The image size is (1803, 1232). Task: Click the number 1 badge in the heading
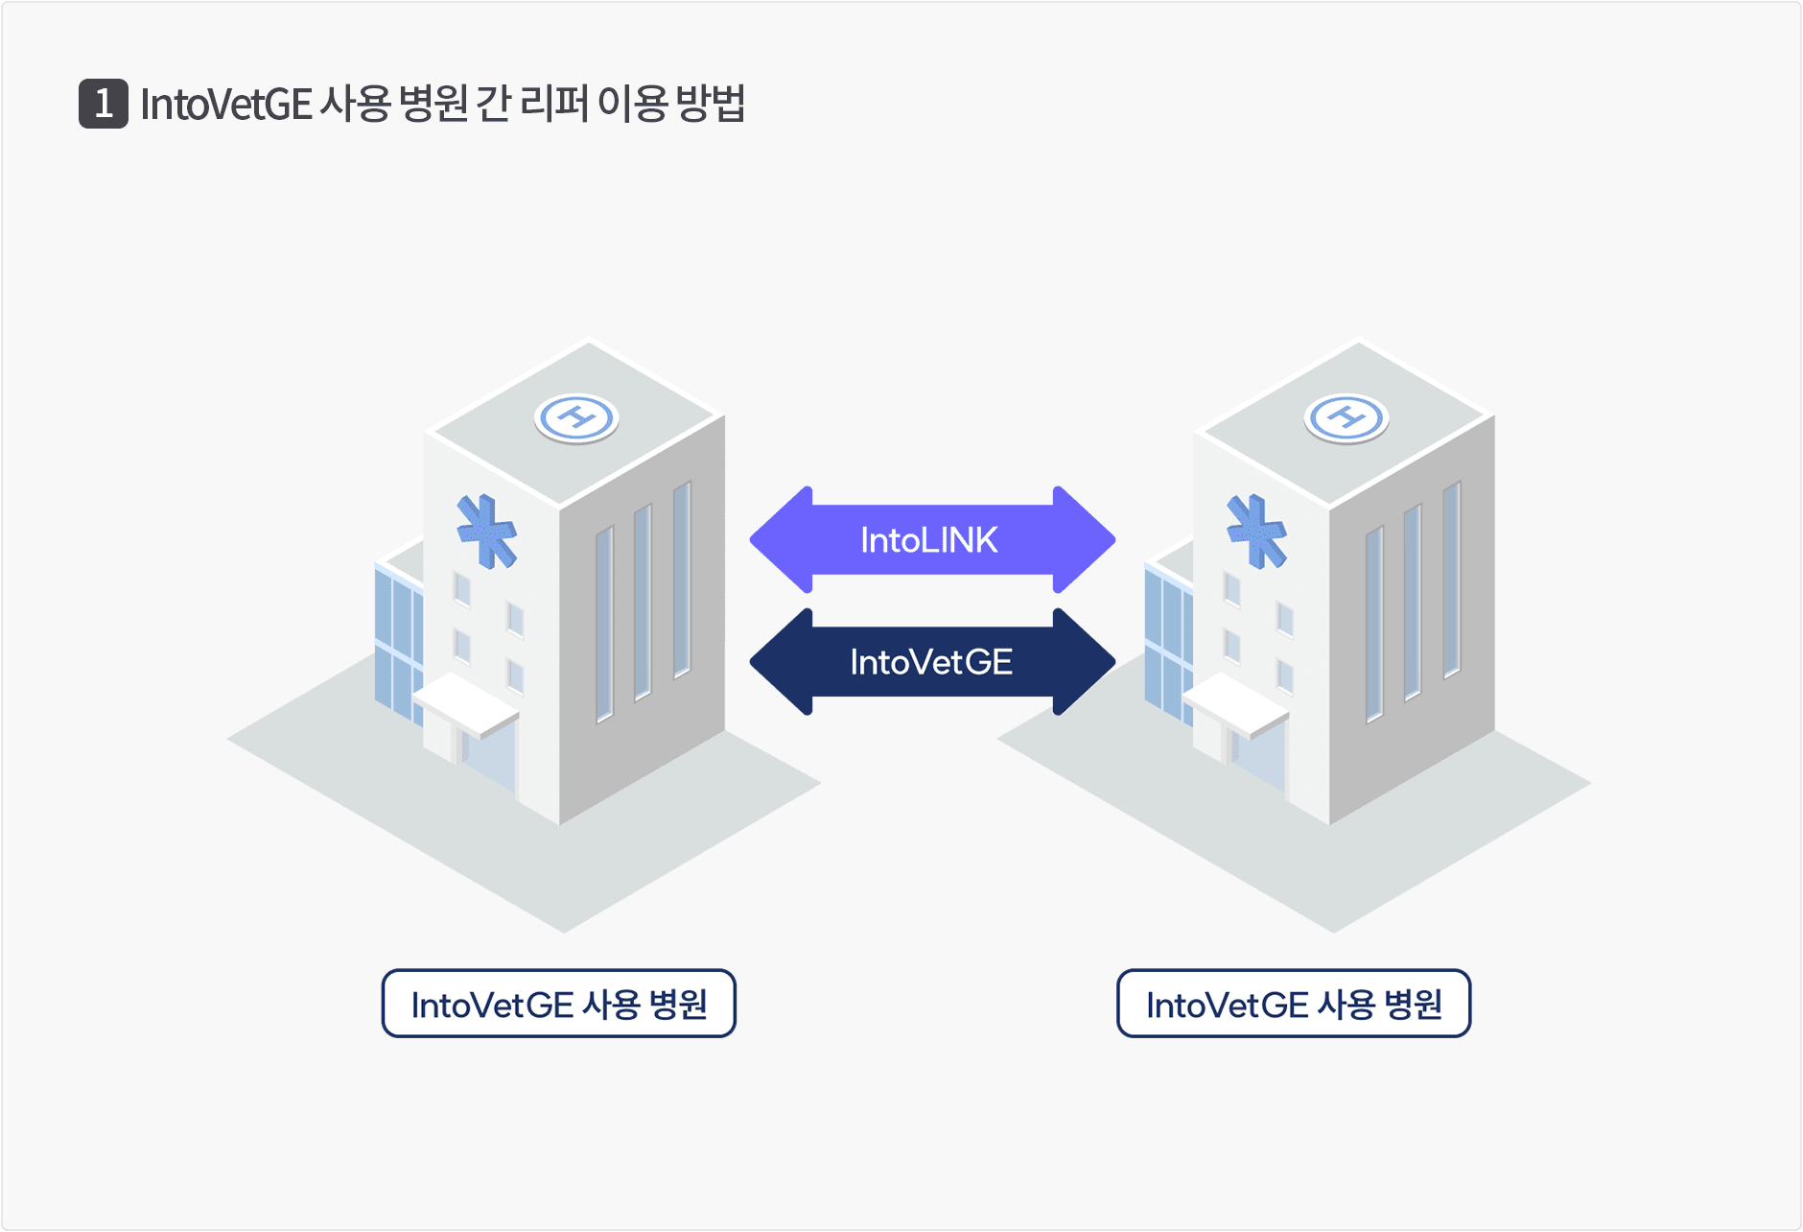(x=104, y=104)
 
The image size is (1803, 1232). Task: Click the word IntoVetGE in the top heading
(x=226, y=104)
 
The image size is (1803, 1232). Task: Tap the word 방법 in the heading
(x=711, y=104)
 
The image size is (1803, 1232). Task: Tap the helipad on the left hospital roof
(x=576, y=418)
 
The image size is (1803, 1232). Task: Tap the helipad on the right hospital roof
(x=1346, y=418)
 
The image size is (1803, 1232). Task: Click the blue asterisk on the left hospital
(x=487, y=531)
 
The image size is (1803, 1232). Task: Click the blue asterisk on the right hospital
(x=1257, y=531)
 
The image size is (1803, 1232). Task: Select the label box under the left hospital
(x=559, y=1004)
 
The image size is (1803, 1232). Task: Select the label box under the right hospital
(x=1294, y=1004)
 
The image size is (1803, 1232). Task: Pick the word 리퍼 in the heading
(x=553, y=104)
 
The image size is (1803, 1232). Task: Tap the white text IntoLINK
(x=928, y=540)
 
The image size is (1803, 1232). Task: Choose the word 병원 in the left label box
(x=678, y=1005)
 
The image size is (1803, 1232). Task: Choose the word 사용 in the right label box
(x=1346, y=1005)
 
